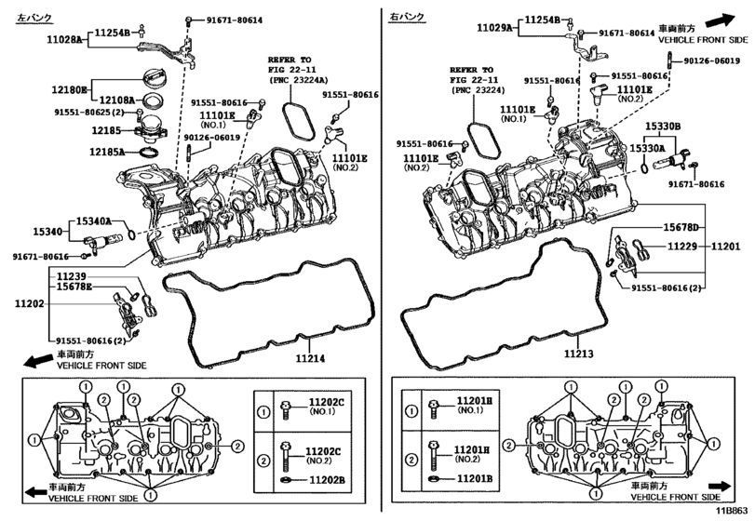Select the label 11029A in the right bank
pyautogui.click(x=494, y=29)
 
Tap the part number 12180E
pyautogui.click(x=69, y=89)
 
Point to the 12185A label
pyautogui.click(x=107, y=151)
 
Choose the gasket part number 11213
pyautogui.click(x=577, y=354)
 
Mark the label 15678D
pyautogui.click(x=681, y=228)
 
